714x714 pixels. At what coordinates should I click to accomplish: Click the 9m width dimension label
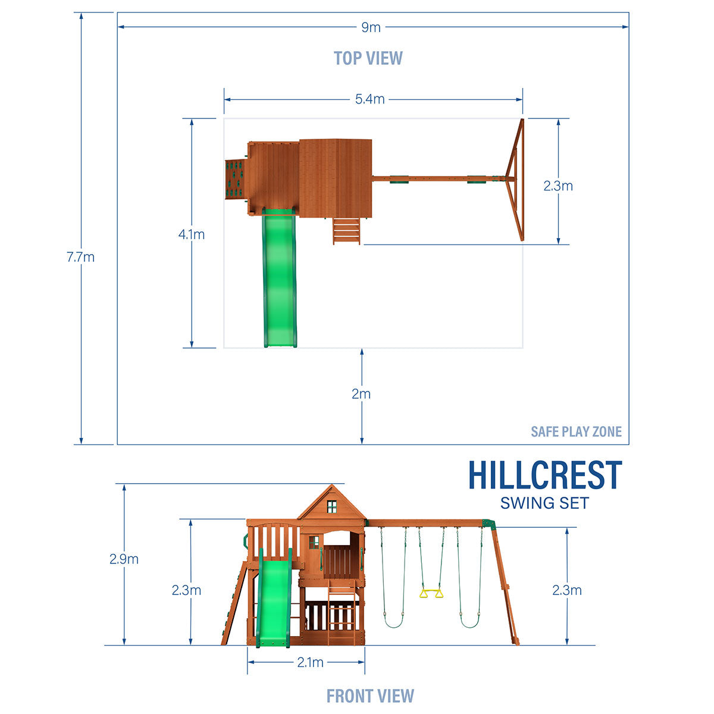click(x=370, y=27)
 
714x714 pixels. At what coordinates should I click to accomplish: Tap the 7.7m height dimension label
click(x=80, y=257)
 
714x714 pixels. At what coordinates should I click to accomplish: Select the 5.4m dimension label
click(x=369, y=99)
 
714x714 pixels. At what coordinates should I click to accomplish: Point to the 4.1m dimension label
click(x=191, y=234)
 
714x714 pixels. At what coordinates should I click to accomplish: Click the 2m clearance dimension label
click(x=361, y=394)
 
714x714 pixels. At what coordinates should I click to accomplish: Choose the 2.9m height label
click(x=124, y=559)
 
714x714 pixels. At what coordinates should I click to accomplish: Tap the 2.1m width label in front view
click(x=310, y=662)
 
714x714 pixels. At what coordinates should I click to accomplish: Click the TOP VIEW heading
click(x=368, y=58)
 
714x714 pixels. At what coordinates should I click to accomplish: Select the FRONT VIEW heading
click(x=369, y=695)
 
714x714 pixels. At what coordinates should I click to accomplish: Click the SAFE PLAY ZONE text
click(x=575, y=431)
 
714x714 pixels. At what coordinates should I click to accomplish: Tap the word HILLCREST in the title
click(x=544, y=475)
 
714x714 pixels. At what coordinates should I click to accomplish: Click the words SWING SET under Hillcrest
click(x=544, y=503)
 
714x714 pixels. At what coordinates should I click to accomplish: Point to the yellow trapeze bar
click(x=431, y=593)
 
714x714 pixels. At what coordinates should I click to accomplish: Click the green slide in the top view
click(x=280, y=280)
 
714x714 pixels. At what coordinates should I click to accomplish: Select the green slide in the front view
click(x=273, y=601)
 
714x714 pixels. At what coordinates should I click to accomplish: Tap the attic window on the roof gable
click(x=331, y=506)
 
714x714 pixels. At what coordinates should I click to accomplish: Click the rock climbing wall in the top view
click(x=235, y=178)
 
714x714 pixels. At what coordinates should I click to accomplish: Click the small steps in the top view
click(x=347, y=230)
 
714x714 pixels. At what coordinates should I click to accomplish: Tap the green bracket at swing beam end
click(x=488, y=523)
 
